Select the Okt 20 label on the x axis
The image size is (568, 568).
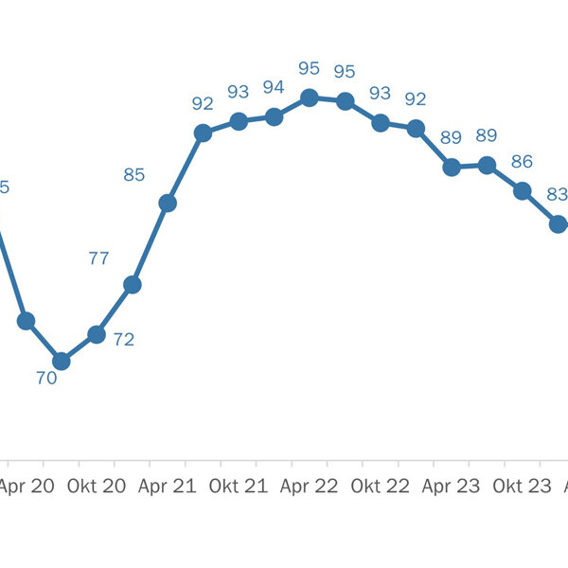click(x=101, y=487)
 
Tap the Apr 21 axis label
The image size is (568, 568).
click(x=168, y=487)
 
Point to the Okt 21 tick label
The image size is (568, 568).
click(x=237, y=487)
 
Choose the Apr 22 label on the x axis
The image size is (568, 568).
click(x=310, y=487)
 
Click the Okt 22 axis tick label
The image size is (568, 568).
click(x=380, y=487)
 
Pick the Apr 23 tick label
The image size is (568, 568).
click(x=451, y=487)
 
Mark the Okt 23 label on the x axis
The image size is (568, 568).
click(x=522, y=487)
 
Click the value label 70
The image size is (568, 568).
click(x=46, y=377)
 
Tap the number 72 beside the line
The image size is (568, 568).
click(x=124, y=339)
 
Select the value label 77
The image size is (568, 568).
click(x=98, y=258)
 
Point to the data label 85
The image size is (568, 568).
click(x=133, y=174)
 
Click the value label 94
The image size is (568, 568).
click(x=274, y=87)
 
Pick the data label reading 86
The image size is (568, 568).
click(x=522, y=161)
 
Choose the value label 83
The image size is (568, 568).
click(x=558, y=194)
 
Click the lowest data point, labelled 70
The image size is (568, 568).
click(x=62, y=361)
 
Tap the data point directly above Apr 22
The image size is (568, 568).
click(x=309, y=98)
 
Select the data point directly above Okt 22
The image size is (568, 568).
click(x=381, y=122)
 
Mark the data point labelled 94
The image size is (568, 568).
click(x=274, y=116)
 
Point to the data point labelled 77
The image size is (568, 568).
click(x=133, y=284)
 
